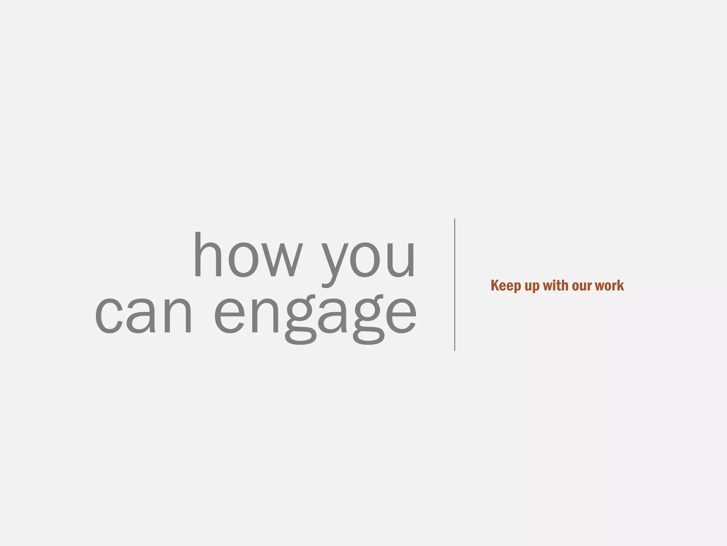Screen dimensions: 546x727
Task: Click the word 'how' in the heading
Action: [248, 255]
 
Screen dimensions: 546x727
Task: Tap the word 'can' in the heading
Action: [143, 315]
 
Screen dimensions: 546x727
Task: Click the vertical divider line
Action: [455, 284]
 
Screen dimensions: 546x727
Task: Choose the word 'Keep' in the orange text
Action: [506, 285]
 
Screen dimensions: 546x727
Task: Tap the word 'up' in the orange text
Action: [532, 287]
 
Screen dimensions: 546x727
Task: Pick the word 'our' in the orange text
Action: [582, 286]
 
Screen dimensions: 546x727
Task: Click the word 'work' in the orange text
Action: [610, 285]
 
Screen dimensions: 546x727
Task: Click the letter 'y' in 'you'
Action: [333, 263]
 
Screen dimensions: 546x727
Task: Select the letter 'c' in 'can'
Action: [109, 315]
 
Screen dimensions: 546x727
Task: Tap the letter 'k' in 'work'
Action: [619, 285]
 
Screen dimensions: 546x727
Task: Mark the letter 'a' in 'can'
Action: [141, 315]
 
